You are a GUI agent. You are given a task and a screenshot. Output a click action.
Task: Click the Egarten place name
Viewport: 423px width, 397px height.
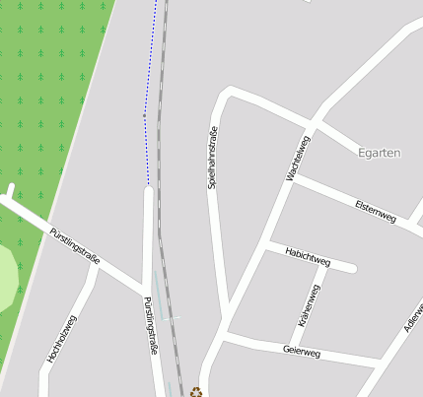click(x=379, y=153)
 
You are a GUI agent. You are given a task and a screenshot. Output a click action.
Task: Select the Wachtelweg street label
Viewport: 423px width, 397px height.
click(x=298, y=159)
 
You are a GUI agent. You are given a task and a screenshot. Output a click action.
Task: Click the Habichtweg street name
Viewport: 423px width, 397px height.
click(x=307, y=257)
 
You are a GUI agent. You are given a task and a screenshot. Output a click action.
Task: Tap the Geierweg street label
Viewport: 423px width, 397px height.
click(x=302, y=351)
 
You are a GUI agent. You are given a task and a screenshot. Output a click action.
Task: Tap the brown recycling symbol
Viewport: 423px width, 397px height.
click(x=196, y=391)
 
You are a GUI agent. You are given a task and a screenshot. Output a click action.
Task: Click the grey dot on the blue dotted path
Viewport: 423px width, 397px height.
click(x=144, y=115)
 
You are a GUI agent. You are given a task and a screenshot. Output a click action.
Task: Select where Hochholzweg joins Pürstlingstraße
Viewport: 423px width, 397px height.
click(x=96, y=268)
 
